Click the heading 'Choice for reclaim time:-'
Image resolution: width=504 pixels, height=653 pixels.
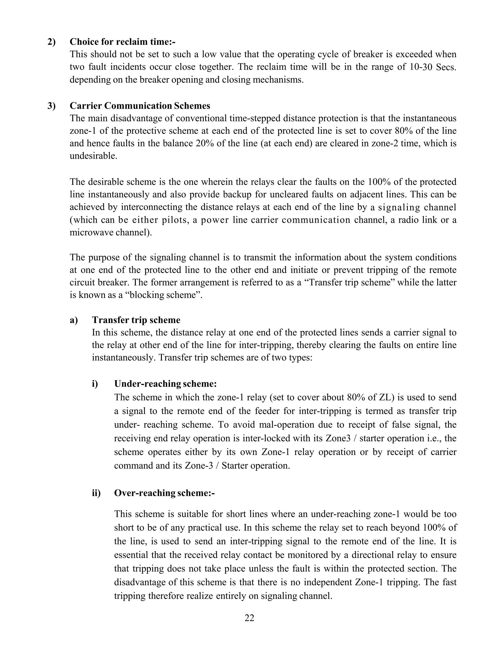point(122,42)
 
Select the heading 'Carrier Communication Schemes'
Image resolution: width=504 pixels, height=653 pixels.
point(140,106)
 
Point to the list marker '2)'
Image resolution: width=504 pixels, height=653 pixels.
point(51,42)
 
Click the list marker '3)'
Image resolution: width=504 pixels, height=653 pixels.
point(51,106)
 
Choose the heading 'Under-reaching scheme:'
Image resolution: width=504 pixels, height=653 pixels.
point(165,384)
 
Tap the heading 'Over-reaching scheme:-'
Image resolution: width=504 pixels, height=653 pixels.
point(165,493)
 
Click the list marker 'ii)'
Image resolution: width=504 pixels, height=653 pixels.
point(96,493)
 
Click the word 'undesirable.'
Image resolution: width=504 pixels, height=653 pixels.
point(94,156)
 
